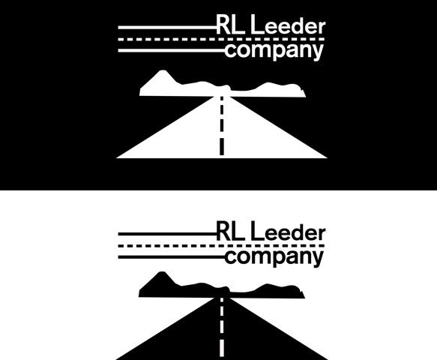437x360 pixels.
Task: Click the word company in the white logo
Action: tap(274, 51)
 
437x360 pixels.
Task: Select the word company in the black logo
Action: tap(274, 258)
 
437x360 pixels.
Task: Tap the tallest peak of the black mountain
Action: tap(162, 272)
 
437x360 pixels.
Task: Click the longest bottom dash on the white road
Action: tap(222, 146)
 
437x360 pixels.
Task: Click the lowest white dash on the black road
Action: tap(222, 348)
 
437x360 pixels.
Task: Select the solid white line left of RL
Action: tap(167, 28)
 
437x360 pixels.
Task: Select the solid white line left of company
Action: tap(172, 51)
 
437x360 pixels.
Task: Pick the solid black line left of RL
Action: tap(167, 234)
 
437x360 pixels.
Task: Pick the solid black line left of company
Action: tap(172, 257)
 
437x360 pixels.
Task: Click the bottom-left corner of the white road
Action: tap(116, 157)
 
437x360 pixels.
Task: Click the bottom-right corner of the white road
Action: tap(328, 157)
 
